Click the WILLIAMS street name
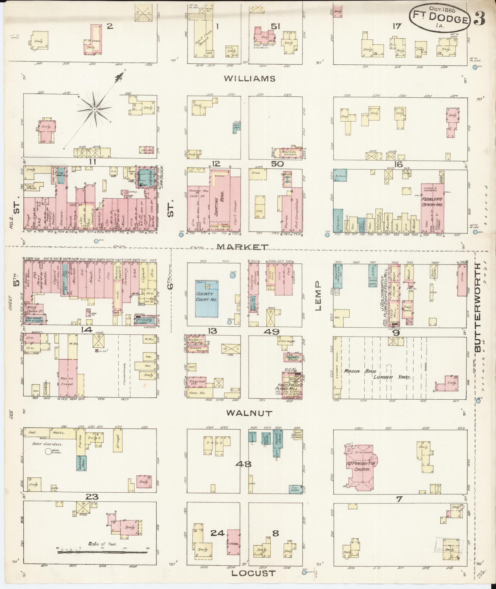coord(249,79)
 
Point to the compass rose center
coord(95,109)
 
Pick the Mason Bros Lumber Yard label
coord(378,374)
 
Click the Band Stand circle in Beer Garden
coord(48,451)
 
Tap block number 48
coord(244,464)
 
